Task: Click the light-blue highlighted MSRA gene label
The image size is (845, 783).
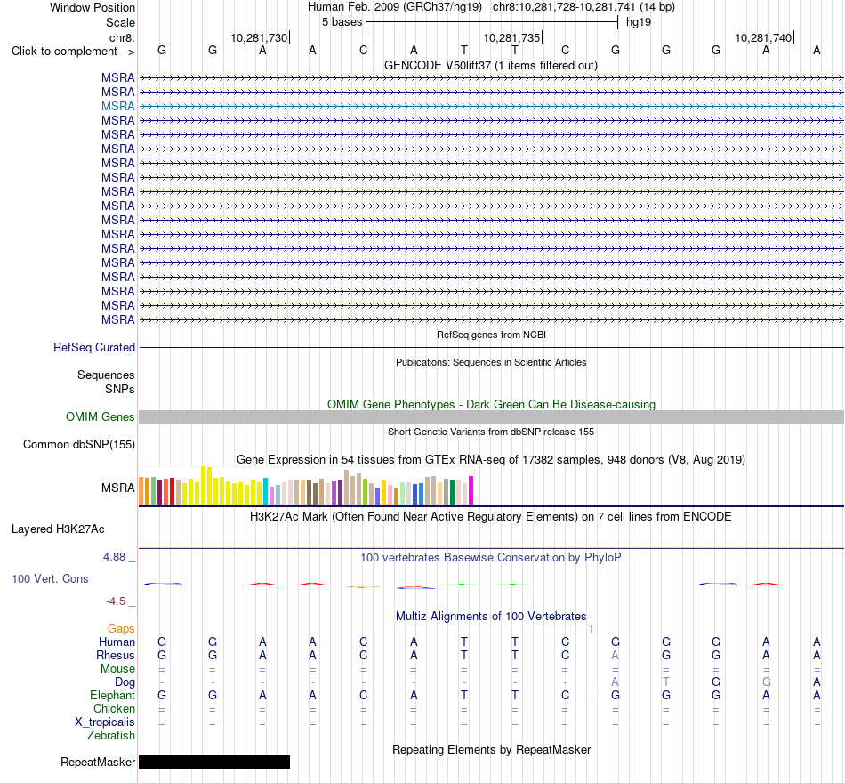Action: (118, 106)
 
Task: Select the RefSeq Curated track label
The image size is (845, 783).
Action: (94, 347)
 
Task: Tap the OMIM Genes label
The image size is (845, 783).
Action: (101, 416)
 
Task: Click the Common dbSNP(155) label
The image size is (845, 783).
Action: (79, 444)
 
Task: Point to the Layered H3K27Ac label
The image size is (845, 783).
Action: (58, 529)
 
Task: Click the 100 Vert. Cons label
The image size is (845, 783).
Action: (50, 578)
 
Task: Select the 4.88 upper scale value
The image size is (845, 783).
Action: (114, 556)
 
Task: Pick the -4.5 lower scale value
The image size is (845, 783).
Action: (116, 601)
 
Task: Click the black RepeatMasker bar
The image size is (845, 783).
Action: (214, 762)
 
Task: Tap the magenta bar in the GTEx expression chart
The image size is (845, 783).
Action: (471, 490)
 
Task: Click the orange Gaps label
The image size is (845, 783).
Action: (121, 629)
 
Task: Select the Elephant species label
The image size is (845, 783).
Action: (113, 696)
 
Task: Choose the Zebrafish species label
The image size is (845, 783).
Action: (111, 736)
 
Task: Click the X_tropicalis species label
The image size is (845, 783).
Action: (105, 722)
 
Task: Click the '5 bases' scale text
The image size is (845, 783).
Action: (342, 22)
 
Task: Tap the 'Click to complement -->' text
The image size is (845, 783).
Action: (73, 52)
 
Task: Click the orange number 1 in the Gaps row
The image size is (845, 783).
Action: (591, 629)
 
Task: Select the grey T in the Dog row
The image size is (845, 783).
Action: (666, 682)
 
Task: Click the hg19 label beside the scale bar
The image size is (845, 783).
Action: (639, 22)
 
